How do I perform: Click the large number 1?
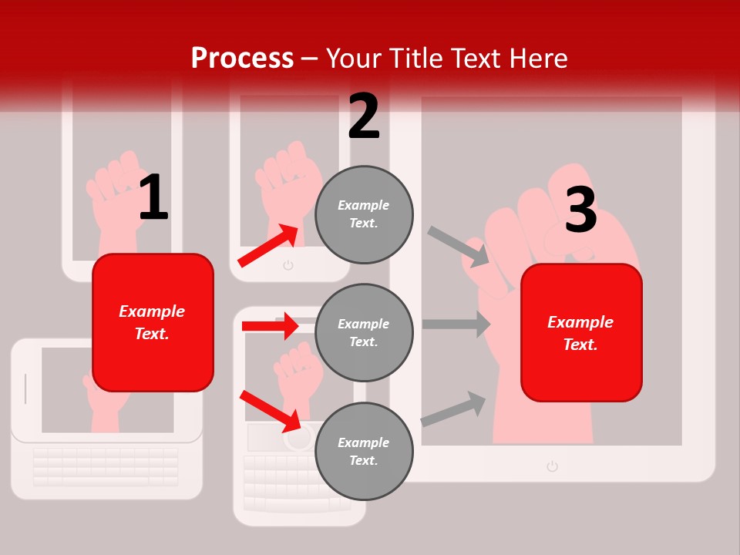pos(153,199)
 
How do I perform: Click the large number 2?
pos(364,117)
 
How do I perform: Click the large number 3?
pos(580,210)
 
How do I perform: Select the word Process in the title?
pos(242,58)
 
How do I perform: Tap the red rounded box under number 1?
pos(153,322)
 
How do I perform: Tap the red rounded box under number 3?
pos(581,332)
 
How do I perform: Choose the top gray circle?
pos(364,214)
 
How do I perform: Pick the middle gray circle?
pos(364,332)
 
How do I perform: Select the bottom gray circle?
pos(364,451)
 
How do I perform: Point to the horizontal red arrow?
pos(270,326)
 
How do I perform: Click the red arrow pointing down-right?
pos(271,411)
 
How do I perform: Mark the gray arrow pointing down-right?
pos(459,247)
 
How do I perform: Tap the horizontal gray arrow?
pos(456,324)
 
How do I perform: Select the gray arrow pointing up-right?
pos(454,409)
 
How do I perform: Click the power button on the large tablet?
pos(552,466)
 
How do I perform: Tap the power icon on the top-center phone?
pos(288,266)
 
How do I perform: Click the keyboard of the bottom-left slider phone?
pos(106,466)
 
